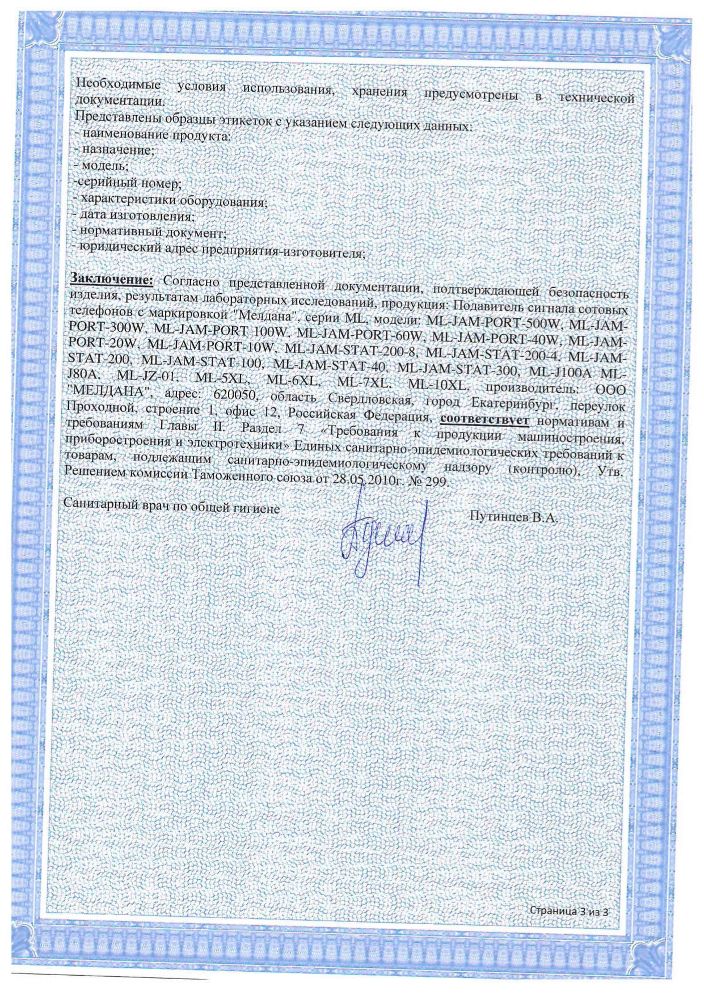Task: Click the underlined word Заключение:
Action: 111,279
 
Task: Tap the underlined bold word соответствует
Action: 484,420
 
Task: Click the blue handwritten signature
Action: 383,536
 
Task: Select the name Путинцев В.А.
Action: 514,517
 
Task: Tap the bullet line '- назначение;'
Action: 114,151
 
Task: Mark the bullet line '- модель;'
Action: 102,166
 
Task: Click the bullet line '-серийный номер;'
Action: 127,183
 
